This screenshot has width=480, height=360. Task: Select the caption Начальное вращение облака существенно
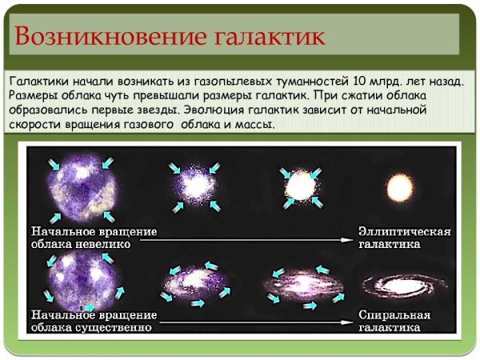tap(94, 321)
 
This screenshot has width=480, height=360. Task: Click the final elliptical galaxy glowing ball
tap(398, 190)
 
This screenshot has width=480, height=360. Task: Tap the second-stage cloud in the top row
tap(194, 187)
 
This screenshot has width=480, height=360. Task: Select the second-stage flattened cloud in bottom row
tap(194, 281)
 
